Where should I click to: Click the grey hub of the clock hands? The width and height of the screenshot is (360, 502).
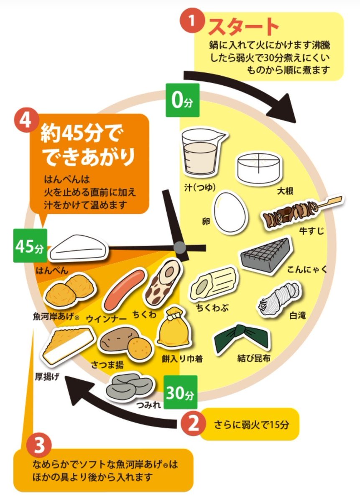coord(180,247)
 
